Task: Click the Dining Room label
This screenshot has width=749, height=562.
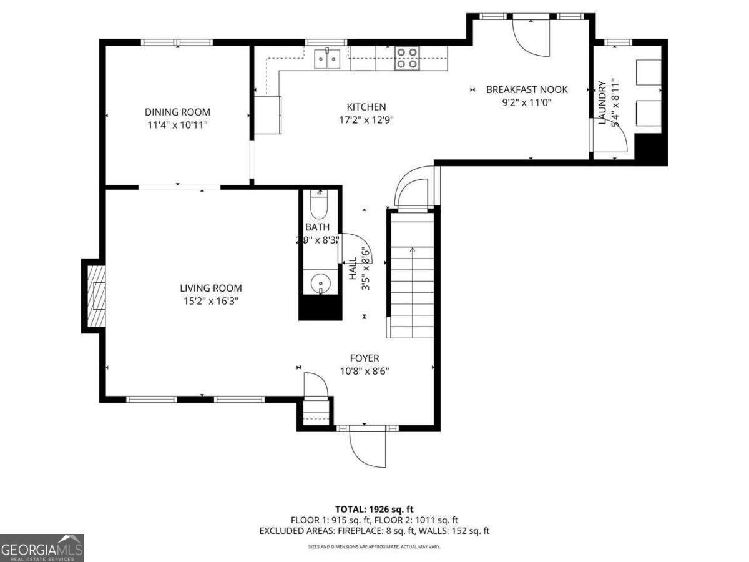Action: [x=177, y=112]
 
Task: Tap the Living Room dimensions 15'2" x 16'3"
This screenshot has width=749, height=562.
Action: [x=210, y=301]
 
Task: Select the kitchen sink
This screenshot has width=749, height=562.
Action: [x=328, y=59]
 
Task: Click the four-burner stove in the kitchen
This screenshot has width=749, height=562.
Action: [x=407, y=58]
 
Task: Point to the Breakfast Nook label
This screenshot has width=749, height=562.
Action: [x=527, y=90]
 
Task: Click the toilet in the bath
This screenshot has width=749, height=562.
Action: [x=320, y=204]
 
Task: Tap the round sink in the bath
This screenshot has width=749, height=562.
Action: [x=320, y=283]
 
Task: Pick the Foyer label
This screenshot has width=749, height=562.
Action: [x=364, y=358]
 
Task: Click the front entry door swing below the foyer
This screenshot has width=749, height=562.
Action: [x=368, y=446]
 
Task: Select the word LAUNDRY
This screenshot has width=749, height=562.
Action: [x=602, y=102]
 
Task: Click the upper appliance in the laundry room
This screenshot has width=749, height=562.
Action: [x=648, y=72]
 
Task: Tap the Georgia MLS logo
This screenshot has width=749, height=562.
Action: [x=42, y=548]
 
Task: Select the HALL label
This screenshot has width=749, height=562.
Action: [x=353, y=270]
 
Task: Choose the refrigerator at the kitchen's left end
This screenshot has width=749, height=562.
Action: [x=268, y=115]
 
